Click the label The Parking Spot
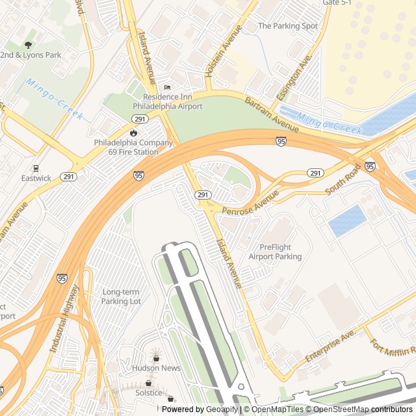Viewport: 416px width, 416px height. (x=288, y=26)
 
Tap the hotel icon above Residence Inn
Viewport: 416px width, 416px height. (x=167, y=87)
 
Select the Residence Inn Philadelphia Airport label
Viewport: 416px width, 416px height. (x=168, y=101)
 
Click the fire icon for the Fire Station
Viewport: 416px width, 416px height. (x=133, y=133)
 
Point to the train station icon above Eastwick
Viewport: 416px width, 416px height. (x=36, y=167)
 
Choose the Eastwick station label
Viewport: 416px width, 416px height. (x=36, y=177)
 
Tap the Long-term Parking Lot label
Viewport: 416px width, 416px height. (x=122, y=296)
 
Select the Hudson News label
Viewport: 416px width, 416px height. (x=156, y=368)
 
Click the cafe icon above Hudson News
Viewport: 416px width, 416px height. (x=156, y=357)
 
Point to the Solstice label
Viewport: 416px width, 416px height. (x=149, y=393)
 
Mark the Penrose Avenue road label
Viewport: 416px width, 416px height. (x=250, y=202)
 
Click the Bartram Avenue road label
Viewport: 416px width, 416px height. (x=272, y=114)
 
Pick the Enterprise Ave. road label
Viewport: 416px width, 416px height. (x=330, y=346)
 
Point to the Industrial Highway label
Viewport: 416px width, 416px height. (x=65, y=318)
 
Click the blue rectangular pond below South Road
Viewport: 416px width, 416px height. (x=347, y=220)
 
